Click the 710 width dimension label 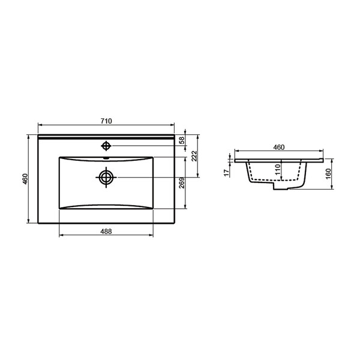[x=106, y=121]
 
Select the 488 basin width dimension [x=106, y=232]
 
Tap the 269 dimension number [x=182, y=183]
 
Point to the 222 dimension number [x=194, y=156]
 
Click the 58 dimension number [x=182, y=140]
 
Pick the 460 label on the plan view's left [x=25, y=179]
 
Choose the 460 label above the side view [x=279, y=147]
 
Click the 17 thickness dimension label [x=227, y=173]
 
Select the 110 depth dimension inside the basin [x=278, y=169]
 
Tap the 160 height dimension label [x=328, y=174]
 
